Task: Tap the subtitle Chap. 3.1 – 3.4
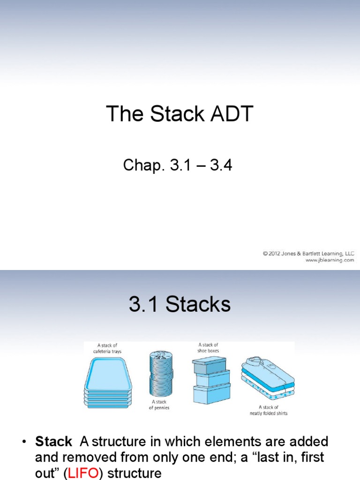tap(177, 165)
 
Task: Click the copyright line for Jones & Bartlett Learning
tap(308, 254)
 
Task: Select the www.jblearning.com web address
tap(330, 260)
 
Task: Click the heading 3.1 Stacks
tap(180, 305)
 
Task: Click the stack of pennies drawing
tap(161, 373)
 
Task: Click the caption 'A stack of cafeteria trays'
tap(107, 349)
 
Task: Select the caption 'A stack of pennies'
tap(159, 405)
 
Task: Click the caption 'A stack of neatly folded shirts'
tap(269, 410)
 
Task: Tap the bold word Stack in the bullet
tap(53, 442)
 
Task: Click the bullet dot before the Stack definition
tap(23, 442)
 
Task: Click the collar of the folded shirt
tap(253, 359)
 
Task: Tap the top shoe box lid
tap(209, 363)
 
